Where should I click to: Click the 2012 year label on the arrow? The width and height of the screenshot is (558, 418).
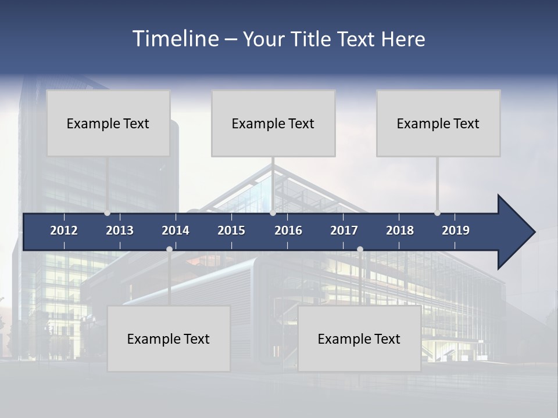(x=64, y=230)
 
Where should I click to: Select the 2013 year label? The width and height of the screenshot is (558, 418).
(x=120, y=230)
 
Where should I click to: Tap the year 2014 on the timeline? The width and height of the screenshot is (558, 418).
(x=176, y=230)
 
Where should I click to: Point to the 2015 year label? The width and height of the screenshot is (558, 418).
(x=231, y=230)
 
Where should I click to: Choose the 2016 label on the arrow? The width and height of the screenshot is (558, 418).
(x=288, y=230)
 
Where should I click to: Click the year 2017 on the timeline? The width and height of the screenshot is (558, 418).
(x=344, y=230)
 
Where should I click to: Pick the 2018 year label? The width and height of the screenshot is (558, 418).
(x=400, y=230)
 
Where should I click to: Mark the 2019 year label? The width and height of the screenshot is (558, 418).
(x=456, y=230)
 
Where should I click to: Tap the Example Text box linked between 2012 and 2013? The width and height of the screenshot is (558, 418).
(x=108, y=123)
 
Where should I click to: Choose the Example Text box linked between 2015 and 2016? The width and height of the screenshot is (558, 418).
(x=273, y=123)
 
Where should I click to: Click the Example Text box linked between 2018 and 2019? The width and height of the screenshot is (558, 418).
(x=438, y=123)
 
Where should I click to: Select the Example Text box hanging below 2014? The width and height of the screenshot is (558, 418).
(x=169, y=338)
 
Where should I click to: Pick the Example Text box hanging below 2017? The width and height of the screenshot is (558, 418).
(x=359, y=338)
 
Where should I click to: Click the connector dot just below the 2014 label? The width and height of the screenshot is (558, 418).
(x=169, y=249)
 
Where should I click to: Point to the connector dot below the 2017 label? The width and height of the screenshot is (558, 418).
(x=360, y=249)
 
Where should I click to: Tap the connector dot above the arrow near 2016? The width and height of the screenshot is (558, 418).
(x=273, y=213)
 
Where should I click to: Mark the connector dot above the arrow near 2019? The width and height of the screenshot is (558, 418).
(x=437, y=213)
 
